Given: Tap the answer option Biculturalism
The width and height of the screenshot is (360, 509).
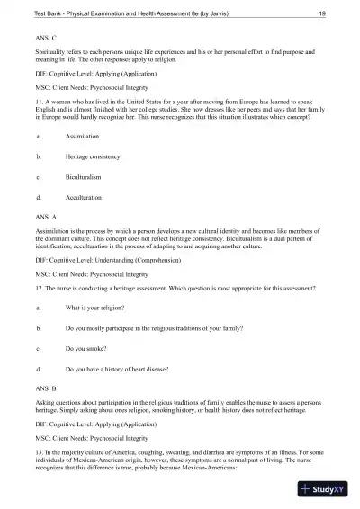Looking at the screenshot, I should [x=85, y=176].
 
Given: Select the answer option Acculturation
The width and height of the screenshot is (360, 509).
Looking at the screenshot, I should [x=84, y=196].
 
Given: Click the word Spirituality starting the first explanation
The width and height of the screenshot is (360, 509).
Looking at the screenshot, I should [x=50, y=56].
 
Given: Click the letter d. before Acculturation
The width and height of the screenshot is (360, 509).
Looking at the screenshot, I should [x=38, y=196].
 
